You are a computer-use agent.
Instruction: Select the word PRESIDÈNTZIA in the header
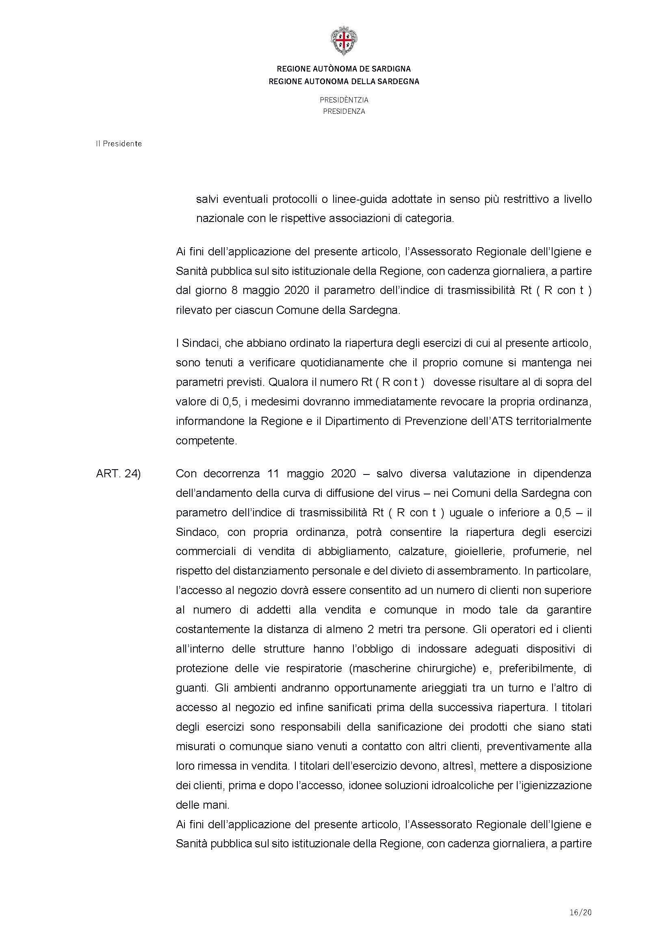pos(344,100)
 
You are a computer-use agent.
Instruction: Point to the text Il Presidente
pos(119,144)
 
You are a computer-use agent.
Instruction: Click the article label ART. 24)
pos(118,473)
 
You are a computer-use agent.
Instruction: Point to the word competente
pos(206,441)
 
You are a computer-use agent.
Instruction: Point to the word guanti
pos(191,688)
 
